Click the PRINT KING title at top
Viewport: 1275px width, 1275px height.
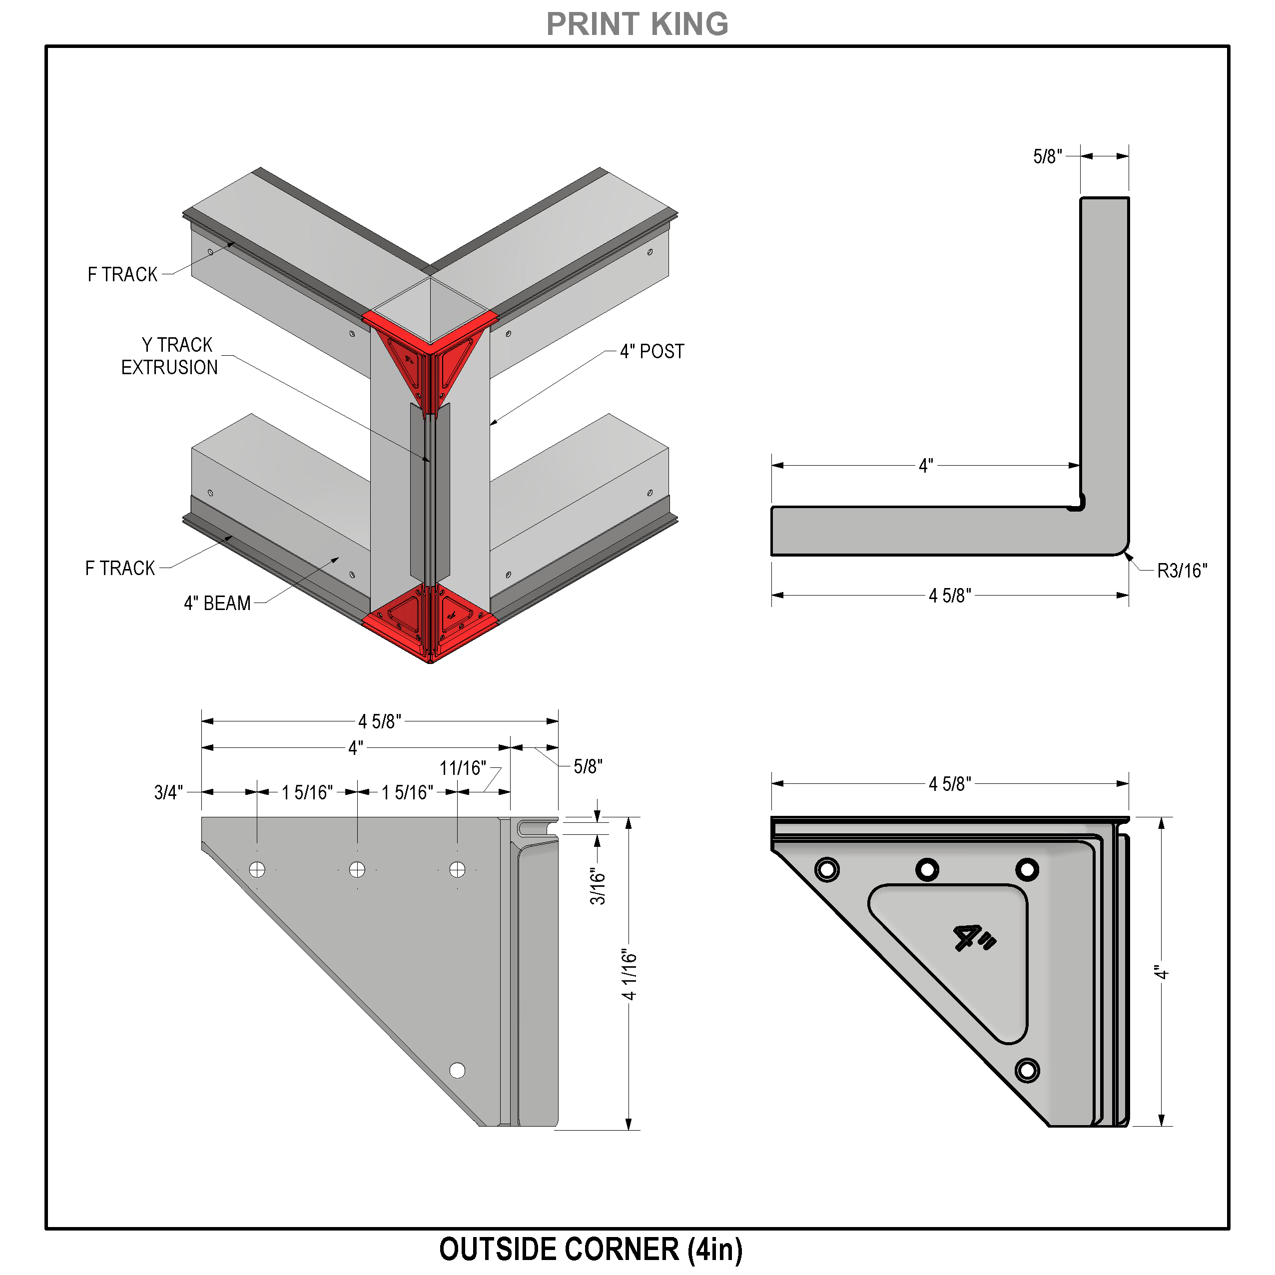click(x=637, y=24)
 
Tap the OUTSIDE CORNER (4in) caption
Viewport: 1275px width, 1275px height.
click(x=591, y=1249)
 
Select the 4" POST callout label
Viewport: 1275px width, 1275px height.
click(x=652, y=351)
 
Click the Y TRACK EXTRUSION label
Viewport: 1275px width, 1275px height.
click(x=169, y=356)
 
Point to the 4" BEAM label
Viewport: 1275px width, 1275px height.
click(x=217, y=603)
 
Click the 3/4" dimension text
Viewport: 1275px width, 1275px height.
click(x=168, y=792)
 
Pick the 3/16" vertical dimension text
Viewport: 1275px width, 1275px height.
click(x=597, y=886)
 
